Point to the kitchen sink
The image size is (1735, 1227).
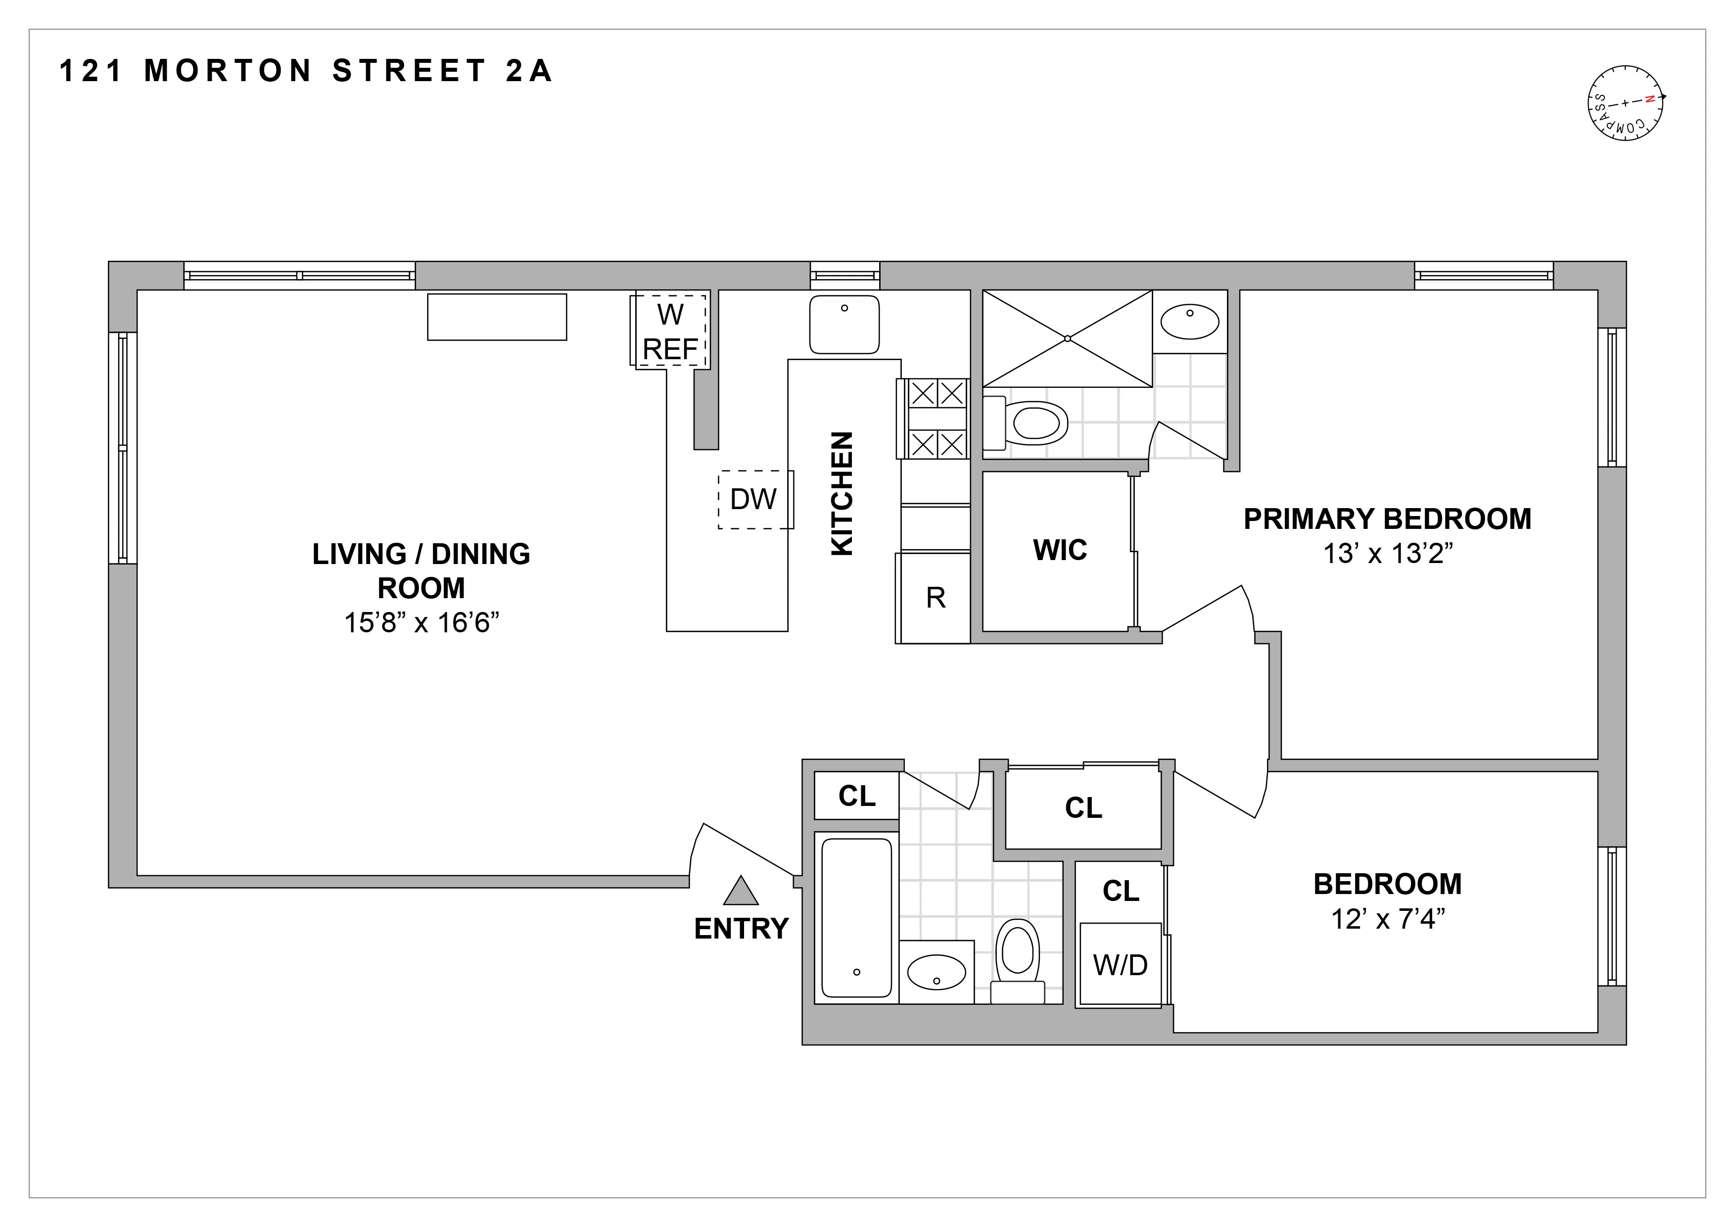(844, 324)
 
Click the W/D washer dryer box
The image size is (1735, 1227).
(1120, 965)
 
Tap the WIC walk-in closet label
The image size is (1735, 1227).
(1059, 550)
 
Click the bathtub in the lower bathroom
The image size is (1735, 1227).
(856, 917)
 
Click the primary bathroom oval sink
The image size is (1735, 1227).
(1189, 323)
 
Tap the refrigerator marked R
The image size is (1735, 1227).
(936, 598)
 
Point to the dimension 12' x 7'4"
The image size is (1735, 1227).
(1387, 919)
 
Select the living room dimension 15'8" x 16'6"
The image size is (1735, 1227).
(422, 622)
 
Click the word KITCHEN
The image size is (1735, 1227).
(842, 493)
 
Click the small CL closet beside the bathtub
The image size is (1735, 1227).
(856, 796)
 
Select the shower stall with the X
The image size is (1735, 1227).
(1067, 338)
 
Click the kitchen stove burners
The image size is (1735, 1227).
(936, 419)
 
